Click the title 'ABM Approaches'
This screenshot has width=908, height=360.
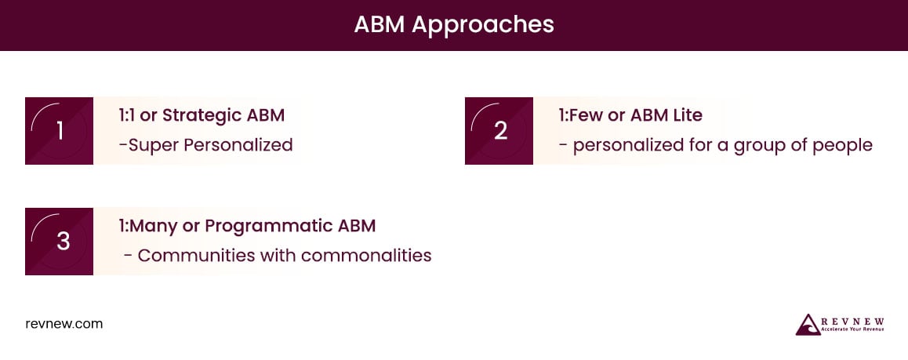point(453,24)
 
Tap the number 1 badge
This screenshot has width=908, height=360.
point(60,131)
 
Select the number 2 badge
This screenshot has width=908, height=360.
point(499,131)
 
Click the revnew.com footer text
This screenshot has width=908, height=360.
point(64,323)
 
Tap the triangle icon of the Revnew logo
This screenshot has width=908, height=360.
point(808,324)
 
